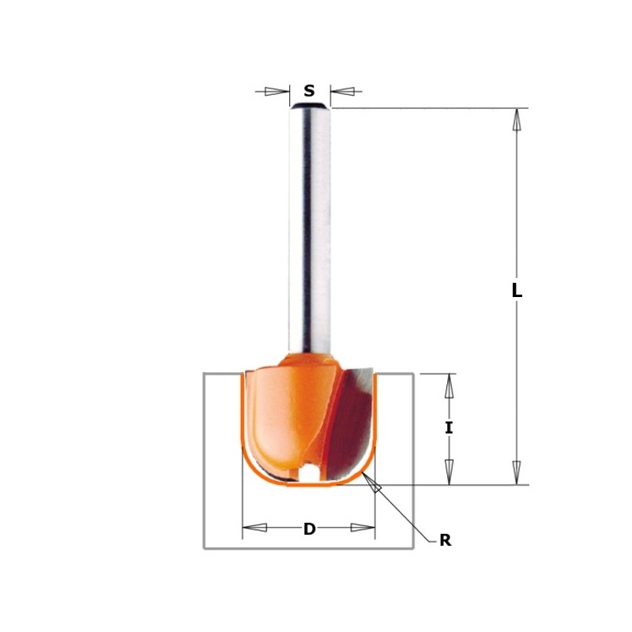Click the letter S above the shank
pyautogui.click(x=309, y=91)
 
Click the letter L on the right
pyautogui.click(x=517, y=291)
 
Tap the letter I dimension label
pyautogui.click(x=449, y=427)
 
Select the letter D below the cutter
pyautogui.click(x=309, y=529)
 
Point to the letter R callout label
pyautogui.click(x=445, y=541)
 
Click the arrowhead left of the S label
pyautogui.click(x=277, y=91)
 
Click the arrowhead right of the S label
pyautogui.click(x=342, y=91)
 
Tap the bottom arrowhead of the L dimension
pyautogui.click(x=517, y=472)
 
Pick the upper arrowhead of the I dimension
pyautogui.click(x=449, y=386)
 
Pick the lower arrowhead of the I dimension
pyautogui.click(x=449, y=471)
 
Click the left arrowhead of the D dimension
pyautogui.click(x=254, y=527)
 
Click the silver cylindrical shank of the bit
pyautogui.click(x=309, y=229)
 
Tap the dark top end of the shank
pyautogui.click(x=309, y=105)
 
